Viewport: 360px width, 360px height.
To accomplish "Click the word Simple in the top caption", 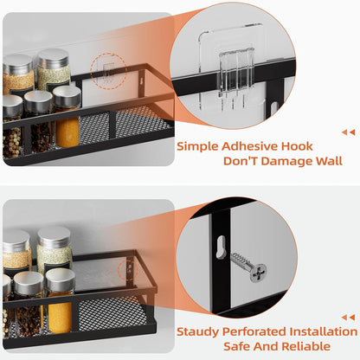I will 200,146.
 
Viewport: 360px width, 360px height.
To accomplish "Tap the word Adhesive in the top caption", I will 256,146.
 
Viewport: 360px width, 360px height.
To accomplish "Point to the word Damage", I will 279,161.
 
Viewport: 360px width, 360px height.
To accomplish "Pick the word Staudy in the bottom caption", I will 201,331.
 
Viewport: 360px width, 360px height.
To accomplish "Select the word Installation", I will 325,331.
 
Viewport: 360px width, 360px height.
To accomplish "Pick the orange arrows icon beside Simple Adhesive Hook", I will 348,132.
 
